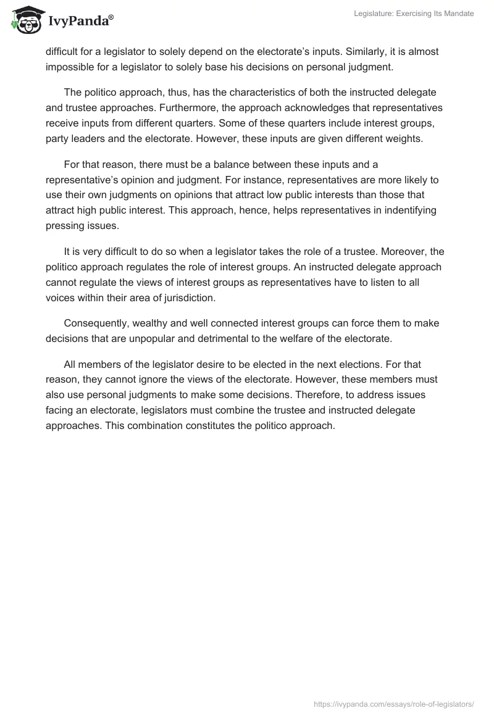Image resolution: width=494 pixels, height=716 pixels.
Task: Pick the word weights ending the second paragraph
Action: click(x=404, y=139)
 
